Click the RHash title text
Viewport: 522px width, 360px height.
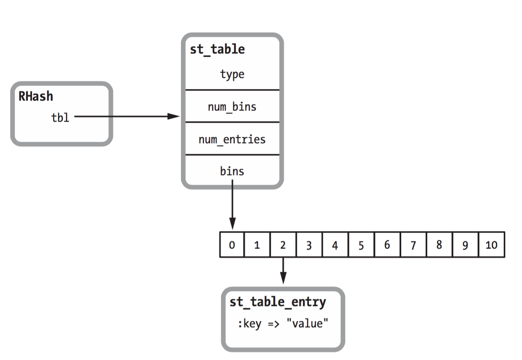tap(36, 97)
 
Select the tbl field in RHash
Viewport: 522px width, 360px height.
tap(60, 118)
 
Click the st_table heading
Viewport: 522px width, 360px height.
tap(217, 49)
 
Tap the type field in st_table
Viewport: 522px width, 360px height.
tap(232, 74)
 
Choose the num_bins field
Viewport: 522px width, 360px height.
tap(232, 107)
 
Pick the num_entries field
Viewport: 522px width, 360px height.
tap(232, 140)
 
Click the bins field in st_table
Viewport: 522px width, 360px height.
tap(232, 171)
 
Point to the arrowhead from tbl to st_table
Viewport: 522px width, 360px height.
tap(174, 117)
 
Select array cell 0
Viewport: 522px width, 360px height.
tap(232, 245)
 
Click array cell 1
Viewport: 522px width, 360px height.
tap(257, 245)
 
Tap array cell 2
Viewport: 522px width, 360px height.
tap(283, 245)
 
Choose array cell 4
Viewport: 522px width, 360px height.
tap(335, 245)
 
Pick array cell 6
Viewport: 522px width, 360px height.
tap(387, 245)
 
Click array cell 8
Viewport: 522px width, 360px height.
tap(439, 245)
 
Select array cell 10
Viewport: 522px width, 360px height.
tap(491, 245)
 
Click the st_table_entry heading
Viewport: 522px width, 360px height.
tap(278, 302)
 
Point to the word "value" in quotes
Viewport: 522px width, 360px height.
tap(307, 324)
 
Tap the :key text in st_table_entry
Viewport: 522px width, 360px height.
tap(249, 324)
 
